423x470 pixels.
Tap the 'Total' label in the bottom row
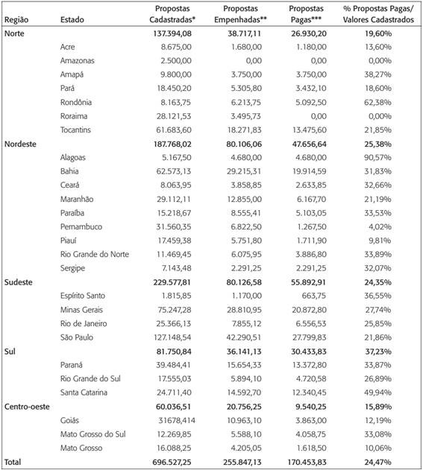point(13,462)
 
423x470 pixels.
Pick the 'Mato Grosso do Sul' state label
point(93,434)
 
